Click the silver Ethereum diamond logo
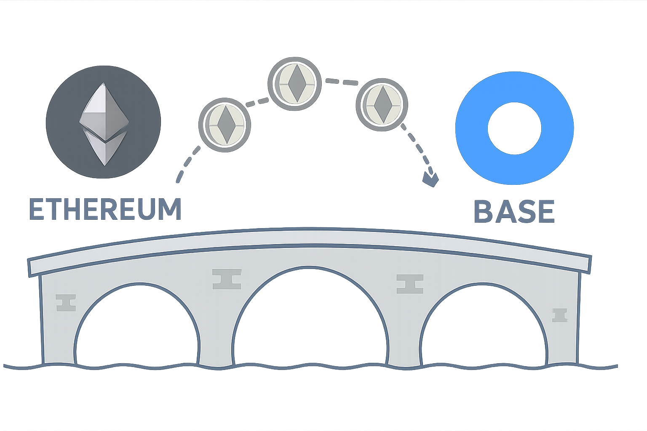pos(103,125)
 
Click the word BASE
pos(514,212)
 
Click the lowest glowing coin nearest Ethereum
pos(225,123)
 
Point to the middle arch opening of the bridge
pos(310,320)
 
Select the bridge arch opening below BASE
pos(484,328)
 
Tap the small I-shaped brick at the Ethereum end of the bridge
pos(66,302)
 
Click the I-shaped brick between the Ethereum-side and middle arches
pos(227,279)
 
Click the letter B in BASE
pos(483,212)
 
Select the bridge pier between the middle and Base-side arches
pos(404,345)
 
